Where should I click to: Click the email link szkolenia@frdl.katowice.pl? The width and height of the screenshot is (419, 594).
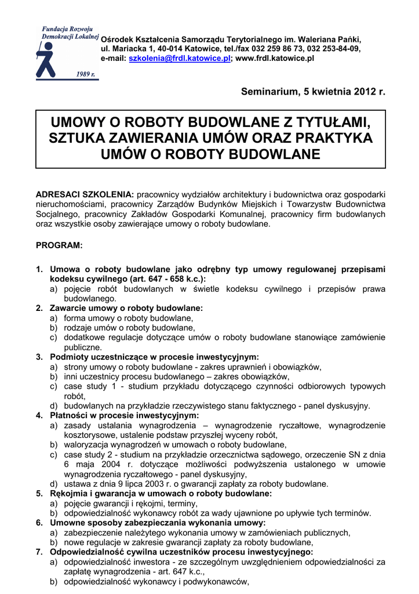[x=180, y=59]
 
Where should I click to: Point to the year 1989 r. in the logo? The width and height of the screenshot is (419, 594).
[x=86, y=75]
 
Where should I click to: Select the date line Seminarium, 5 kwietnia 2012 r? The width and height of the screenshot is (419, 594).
[x=313, y=91]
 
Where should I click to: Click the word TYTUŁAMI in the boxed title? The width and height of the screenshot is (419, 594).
[x=330, y=122]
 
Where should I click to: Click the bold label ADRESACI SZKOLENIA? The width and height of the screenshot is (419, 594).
[x=85, y=194]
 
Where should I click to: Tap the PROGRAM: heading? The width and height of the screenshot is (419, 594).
[x=59, y=245]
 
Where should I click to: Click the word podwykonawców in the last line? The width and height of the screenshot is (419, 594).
[x=214, y=582]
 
